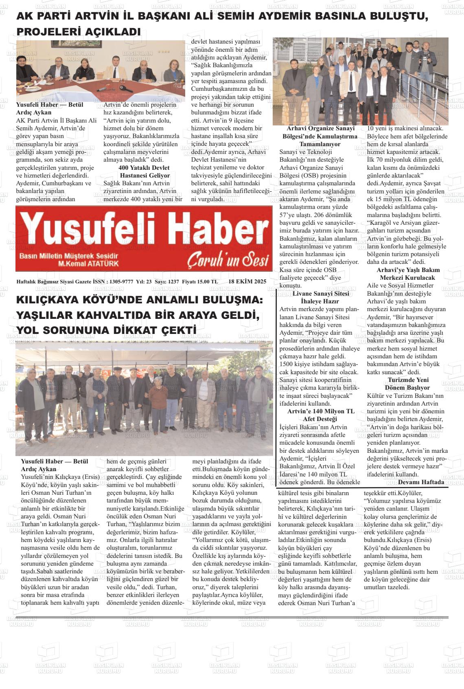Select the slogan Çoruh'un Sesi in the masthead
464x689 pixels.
pos(228,261)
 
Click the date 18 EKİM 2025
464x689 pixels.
pos(247,281)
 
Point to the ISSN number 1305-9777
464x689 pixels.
pos(122,281)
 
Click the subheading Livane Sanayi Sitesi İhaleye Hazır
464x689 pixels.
pos(321,297)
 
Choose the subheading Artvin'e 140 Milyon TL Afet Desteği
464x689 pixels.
pos(320,415)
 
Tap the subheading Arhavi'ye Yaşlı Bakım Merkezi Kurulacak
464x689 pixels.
pos(407,274)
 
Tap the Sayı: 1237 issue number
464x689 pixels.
pos(167,281)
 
